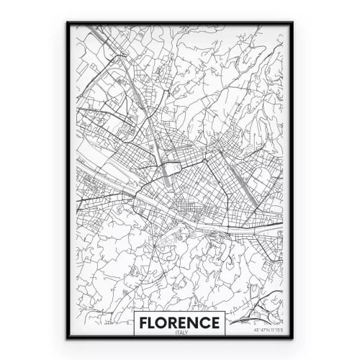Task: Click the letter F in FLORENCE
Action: [x=145, y=320]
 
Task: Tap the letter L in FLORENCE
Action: [x=154, y=320]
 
